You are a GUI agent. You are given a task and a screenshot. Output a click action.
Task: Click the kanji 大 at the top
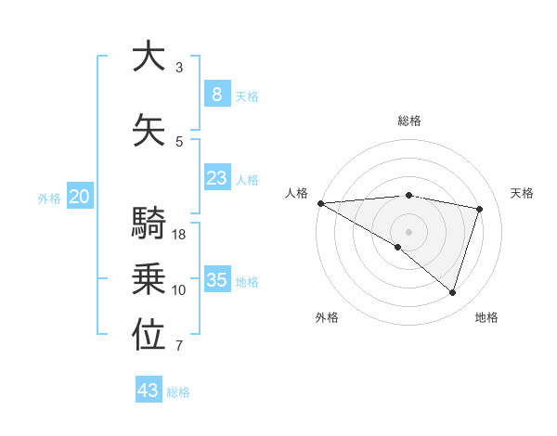(149, 58)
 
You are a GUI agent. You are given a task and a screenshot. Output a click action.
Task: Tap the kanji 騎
(149, 224)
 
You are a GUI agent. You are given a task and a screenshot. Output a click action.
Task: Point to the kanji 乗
(149, 279)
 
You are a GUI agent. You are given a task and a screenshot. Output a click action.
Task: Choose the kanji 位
(149, 335)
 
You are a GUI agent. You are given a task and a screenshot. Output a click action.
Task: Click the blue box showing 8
(216, 94)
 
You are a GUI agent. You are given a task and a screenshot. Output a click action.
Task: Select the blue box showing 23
(216, 178)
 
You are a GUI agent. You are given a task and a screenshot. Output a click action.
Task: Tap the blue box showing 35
(216, 280)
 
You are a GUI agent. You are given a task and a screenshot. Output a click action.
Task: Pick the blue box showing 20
(80, 197)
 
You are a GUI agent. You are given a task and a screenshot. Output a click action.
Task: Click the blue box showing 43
(149, 391)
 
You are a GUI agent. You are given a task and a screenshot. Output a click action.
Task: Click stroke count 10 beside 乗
(179, 290)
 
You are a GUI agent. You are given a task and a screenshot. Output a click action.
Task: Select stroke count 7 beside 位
(179, 346)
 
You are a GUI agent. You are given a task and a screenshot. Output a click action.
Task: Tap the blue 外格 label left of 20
(49, 198)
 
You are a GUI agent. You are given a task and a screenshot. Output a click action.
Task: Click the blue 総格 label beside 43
(178, 392)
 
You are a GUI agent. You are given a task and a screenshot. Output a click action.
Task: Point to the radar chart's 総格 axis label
(408, 121)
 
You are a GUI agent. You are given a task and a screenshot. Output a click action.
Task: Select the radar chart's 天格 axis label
(523, 193)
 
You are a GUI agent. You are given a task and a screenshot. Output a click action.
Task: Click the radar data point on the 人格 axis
(320, 203)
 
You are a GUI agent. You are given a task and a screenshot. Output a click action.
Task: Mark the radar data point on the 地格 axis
(452, 293)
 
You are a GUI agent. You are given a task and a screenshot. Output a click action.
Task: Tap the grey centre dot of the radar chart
(408, 230)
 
